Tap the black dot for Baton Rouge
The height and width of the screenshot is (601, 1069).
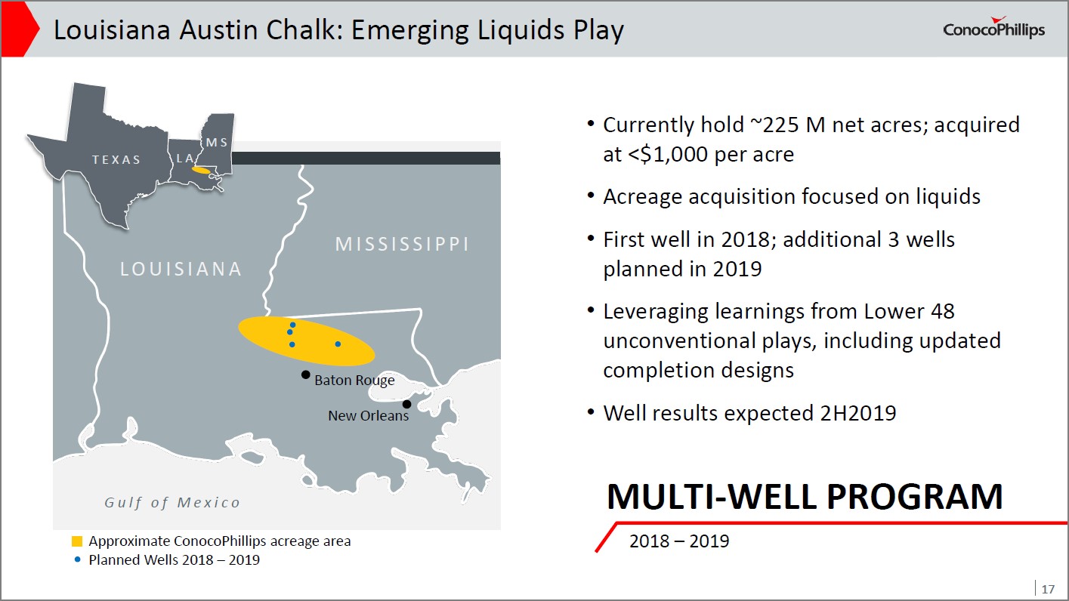(306, 375)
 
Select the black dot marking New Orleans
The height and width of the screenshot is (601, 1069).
(406, 404)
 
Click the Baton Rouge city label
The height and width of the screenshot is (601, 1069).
(354, 381)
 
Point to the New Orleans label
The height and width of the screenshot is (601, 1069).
(369, 415)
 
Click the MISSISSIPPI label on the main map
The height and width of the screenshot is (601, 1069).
(403, 244)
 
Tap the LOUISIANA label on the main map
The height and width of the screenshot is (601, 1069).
(181, 269)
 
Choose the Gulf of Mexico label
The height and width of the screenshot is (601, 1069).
(172, 502)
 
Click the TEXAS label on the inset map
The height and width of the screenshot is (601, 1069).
(116, 159)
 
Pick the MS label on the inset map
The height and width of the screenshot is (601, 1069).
(217, 142)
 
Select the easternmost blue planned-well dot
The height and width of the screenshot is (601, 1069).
(338, 344)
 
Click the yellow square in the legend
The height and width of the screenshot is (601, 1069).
(77, 541)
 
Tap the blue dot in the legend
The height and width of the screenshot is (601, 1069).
(77, 559)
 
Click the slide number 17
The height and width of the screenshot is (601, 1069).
(1048, 589)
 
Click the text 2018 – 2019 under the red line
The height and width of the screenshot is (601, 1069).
(679, 541)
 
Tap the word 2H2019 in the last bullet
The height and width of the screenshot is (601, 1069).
(858, 413)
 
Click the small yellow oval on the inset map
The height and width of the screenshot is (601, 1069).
(201, 171)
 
